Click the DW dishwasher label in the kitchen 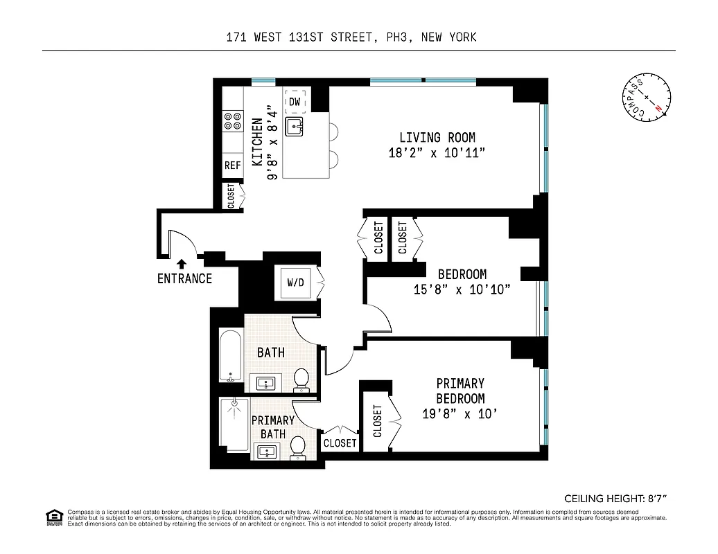[295, 102]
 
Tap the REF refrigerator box [232, 166]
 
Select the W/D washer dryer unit [295, 283]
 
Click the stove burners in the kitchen [232, 123]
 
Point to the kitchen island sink [296, 126]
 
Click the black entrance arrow [182, 263]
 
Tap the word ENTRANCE [184, 278]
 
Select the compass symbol [645, 96]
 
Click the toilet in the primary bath [298, 447]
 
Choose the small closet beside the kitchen [231, 195]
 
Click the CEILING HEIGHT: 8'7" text [619, 498]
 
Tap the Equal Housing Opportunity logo [53, 517]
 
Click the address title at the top [351, 37]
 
